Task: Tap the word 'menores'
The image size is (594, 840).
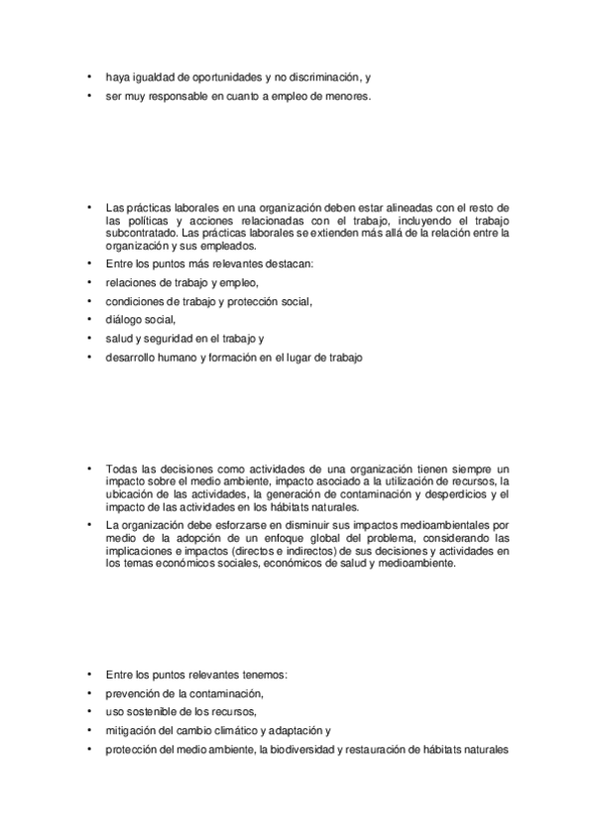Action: pos(346,96)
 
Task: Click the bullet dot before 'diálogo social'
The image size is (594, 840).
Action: pos(88,319)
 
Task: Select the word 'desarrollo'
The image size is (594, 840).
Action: pos(130,357)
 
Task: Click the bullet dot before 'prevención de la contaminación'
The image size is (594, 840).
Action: pos(88,693)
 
